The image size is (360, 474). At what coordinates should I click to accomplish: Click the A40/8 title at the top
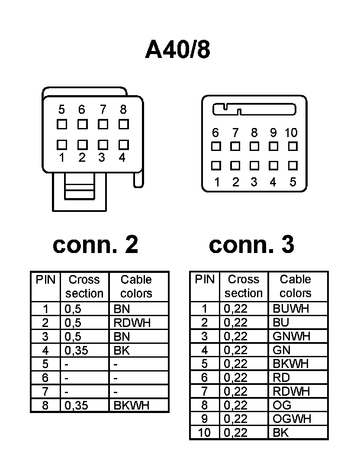pos(178,50)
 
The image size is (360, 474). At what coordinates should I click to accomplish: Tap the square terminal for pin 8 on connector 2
pos(124,125)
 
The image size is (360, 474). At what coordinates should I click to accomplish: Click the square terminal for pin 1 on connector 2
pos(62,144)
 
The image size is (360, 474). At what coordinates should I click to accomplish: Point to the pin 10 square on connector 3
pos(293,146)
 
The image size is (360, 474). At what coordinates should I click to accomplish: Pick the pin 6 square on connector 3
pos(216,146)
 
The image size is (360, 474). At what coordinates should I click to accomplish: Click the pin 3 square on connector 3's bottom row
pos(254,166)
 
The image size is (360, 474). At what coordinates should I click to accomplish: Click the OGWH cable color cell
pos(292,419)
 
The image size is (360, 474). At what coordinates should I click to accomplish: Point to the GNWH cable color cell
pos(292,336)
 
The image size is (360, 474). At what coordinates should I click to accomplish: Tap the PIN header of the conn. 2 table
pos(45,280)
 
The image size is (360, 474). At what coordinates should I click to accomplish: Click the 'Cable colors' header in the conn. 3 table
pos(296,286)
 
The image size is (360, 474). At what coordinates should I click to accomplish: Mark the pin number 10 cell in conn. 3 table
pos(204,432)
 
